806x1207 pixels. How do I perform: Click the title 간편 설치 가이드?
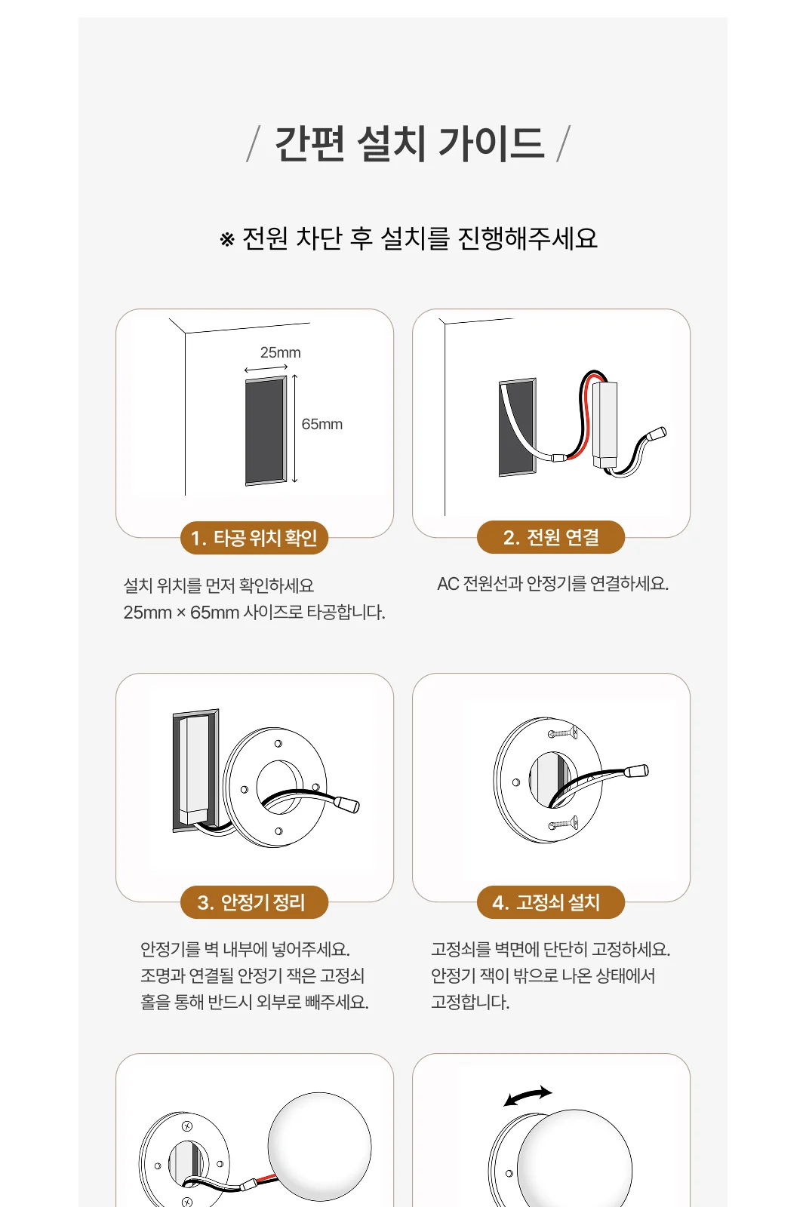[409, 143]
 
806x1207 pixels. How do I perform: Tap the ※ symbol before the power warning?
[227, 239]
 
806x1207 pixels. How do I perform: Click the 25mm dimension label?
[280, 352]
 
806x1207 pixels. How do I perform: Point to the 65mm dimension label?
[321, 424]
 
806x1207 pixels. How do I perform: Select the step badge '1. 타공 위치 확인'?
[254, 538]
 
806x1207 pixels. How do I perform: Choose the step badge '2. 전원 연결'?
[551, 537]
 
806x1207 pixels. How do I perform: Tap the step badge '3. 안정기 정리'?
[254, 902]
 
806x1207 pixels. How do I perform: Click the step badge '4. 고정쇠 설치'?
[551, 902]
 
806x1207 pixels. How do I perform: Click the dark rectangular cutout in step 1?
[266, 431]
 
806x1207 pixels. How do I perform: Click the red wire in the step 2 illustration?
[583, 415]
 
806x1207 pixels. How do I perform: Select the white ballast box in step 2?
[605, 424]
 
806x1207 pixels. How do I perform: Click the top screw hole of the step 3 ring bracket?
[278, 744]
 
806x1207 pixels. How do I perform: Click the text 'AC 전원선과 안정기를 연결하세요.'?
[552, 584]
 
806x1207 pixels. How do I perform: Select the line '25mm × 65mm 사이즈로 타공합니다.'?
[254, 613]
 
